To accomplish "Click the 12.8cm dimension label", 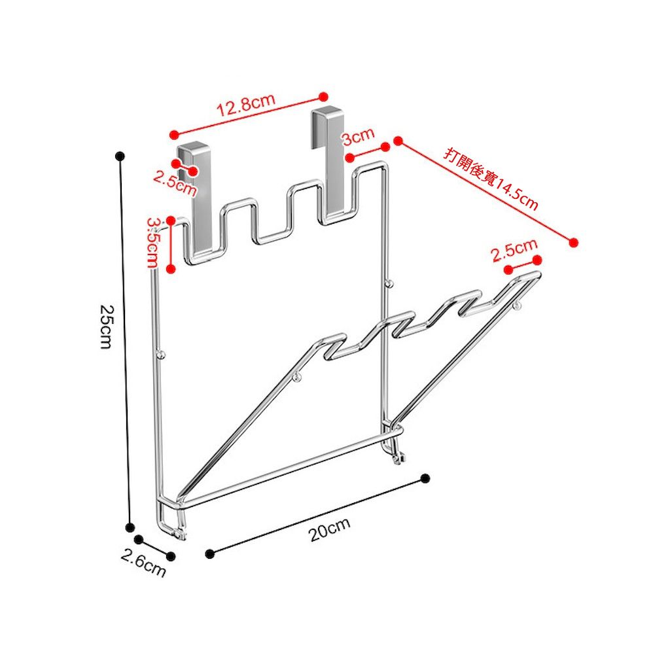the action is (246, 105).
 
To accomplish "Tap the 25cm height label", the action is (105, 327).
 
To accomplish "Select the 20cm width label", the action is (330, 529).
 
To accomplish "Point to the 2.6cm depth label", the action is (143, 563).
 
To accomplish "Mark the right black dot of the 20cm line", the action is (425, 478).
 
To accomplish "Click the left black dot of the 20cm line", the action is (209, 554).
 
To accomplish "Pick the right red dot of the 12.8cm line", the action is (323, 97).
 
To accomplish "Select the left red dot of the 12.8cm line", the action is (173, 135).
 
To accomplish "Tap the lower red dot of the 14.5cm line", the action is (574, 243).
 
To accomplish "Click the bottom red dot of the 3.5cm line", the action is (171, 269).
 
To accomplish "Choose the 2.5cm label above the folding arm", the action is (514, 251).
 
